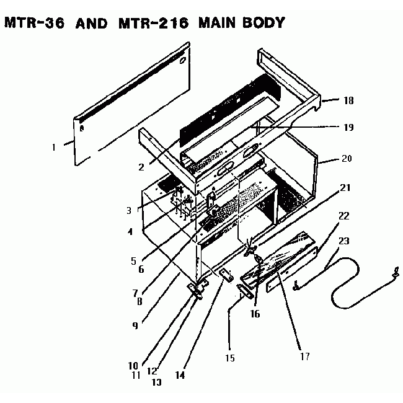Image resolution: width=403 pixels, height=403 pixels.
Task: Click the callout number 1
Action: (54, 148)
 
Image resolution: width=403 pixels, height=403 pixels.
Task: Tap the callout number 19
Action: (348, 127)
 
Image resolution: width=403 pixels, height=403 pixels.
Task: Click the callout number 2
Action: (142, 167)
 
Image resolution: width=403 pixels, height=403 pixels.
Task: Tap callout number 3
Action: (128, 210)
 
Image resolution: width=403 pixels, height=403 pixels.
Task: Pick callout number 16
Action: (255, 314)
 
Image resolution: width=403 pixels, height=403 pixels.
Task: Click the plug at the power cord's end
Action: (392, 271)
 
